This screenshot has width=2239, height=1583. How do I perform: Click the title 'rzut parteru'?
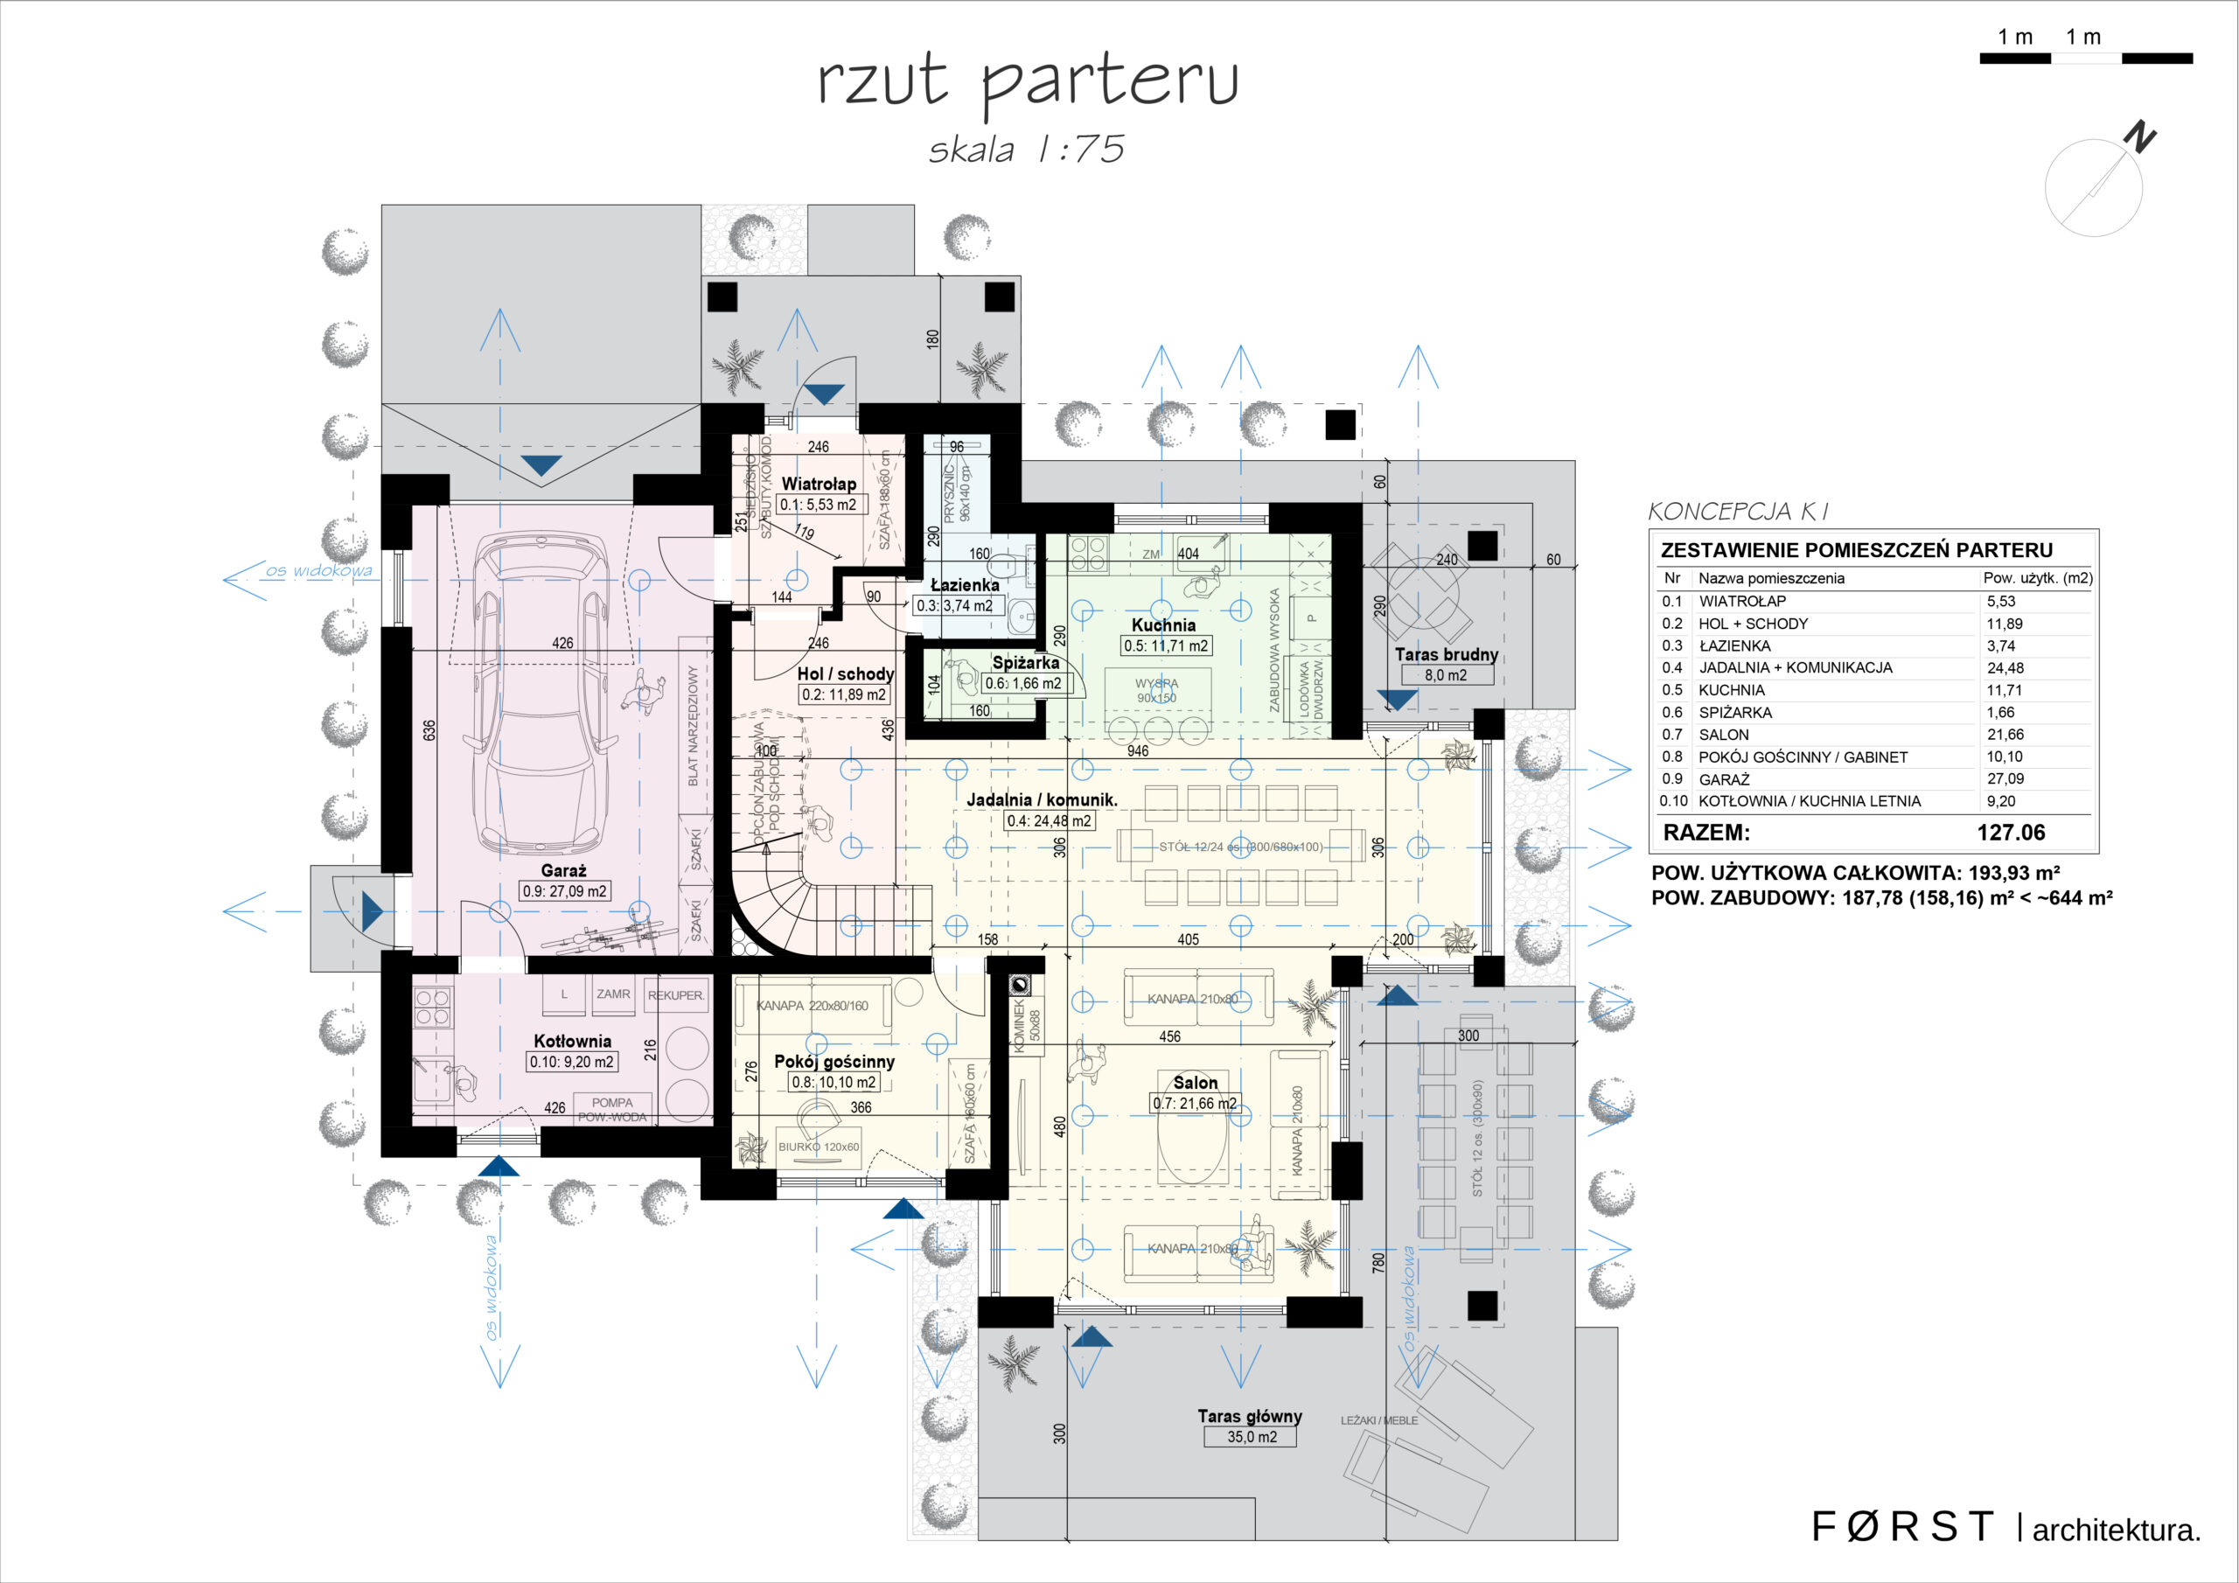click(x=1027, y=80)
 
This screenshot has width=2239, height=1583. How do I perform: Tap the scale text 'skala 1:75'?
click(x=1027, y=150)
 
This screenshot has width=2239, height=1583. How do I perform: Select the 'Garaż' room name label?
click(x=563, y=870)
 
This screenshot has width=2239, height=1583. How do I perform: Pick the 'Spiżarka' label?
click(x=1025, y=662)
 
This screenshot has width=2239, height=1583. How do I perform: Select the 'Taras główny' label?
click(x=1250, y=1415)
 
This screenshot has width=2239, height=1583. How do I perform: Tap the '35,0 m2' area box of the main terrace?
click(x=1252, y=1437)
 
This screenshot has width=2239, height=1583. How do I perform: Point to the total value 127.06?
click(x=2011, y=833)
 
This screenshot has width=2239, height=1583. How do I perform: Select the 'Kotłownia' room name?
click(x=572, y=1041)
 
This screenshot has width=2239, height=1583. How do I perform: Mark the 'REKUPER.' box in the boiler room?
click(x=675, y=996)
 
